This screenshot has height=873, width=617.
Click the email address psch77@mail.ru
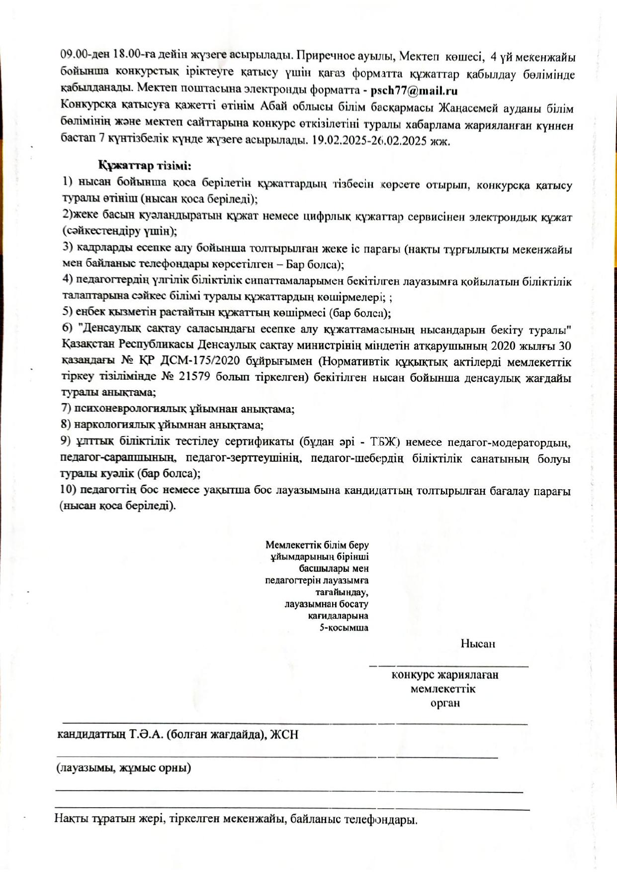[414, 91]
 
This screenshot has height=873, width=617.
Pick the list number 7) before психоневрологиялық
[66, 409]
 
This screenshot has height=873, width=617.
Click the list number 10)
[69, 490]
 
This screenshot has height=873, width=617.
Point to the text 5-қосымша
[344, 628]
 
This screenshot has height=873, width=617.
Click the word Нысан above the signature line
[477, 644]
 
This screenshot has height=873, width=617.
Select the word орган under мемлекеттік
[445, 703]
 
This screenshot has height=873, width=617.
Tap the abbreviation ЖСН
[284, 735]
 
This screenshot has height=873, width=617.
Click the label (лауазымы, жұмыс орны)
[123, 768]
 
